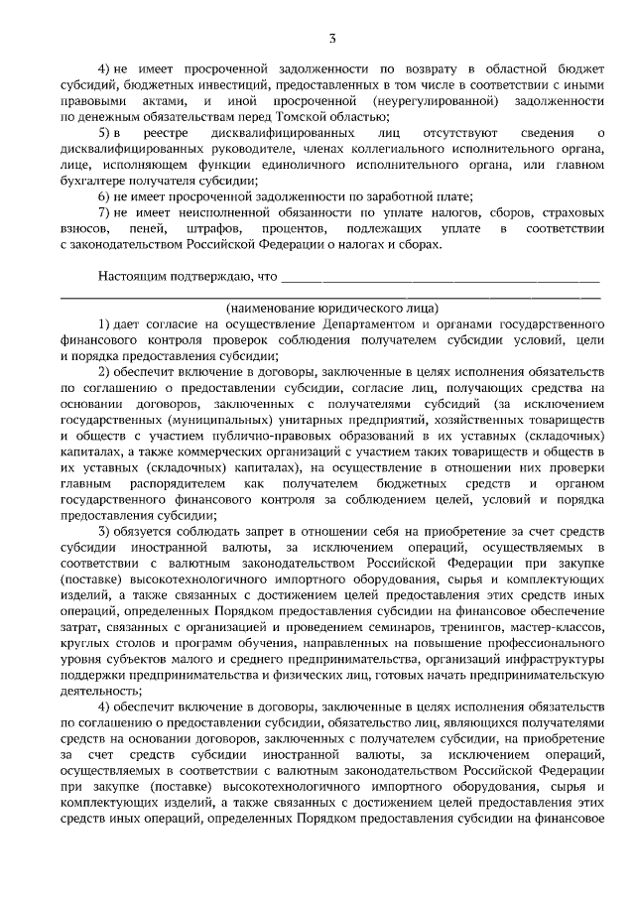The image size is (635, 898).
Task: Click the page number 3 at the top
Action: tap(333, 39)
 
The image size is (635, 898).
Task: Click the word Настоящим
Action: tap(132, 275)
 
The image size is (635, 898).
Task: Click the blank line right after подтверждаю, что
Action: tap(441, 279)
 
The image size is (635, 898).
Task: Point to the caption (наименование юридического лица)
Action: tap(331, 308)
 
